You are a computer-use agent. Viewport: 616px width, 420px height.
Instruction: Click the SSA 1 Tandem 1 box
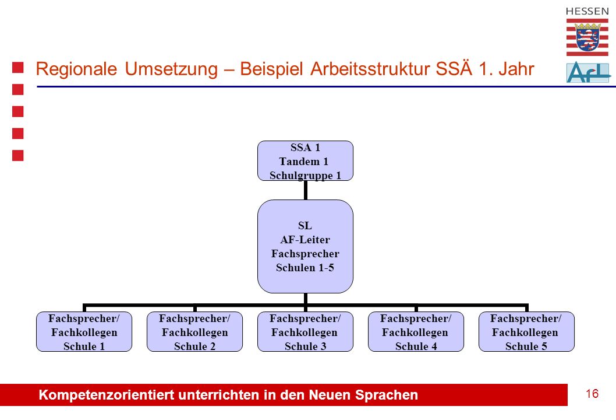pos(305,161)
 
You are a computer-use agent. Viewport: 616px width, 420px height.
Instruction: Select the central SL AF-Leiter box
pos(305,246)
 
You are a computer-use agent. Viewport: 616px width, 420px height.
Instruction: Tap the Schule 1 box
pos(84,332)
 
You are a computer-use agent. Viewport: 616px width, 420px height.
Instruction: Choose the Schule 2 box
pos(195,332)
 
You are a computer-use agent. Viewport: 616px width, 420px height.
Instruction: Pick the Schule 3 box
pos(305,332)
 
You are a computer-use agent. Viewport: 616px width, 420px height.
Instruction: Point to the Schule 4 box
pos(416,332)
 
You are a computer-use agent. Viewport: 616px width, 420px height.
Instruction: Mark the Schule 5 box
pos(526,332)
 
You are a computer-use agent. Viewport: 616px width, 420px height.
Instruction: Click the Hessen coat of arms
pos(587,37)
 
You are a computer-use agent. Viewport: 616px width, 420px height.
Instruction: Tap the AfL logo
pos(589,72)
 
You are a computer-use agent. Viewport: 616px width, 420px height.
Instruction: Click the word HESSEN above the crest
pos(587,12)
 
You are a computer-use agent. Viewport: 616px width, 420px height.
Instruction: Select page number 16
pos(592,394)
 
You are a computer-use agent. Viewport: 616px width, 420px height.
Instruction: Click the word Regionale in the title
pos(77,69)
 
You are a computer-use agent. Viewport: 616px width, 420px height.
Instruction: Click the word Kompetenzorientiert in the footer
pos(106,395)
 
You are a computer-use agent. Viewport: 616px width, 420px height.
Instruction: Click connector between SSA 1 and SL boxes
pos(305,191)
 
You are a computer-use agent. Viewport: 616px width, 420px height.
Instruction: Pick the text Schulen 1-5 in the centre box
pos(305,268)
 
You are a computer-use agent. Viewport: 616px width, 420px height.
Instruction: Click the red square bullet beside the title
pos(17,68)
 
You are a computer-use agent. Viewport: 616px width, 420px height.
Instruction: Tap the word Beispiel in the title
pos(271,69)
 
